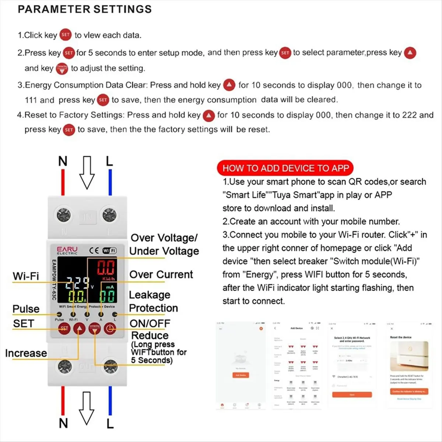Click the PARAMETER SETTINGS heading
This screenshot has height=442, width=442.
[x=85, y=9]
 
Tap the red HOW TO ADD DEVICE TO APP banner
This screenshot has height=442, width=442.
[x=285, y=168]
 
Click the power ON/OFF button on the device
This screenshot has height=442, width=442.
[x=109, y=328]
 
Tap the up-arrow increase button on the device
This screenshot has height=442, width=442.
[x=79, y=328]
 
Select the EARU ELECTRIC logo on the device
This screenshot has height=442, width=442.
[x=67, y=250]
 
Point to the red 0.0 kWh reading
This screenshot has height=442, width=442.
[x=106, y=268]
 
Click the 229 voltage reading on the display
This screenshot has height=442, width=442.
[x=77, y=283]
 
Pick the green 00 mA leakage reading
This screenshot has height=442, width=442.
[x=108, y=296]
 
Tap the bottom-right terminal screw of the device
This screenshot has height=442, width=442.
[x=109, y=367]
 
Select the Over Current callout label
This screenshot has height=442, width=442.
[x=161, y=274]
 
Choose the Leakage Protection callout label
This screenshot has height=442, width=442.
[x=153, y=301]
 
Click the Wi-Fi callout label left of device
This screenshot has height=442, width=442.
[x=25, y=276]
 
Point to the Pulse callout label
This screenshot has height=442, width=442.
[x=26, y=309]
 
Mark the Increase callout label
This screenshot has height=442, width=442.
[x=26, y=353]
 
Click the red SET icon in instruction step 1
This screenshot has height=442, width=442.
[x=66, y=35]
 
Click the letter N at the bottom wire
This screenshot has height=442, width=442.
[x=63, y=423]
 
